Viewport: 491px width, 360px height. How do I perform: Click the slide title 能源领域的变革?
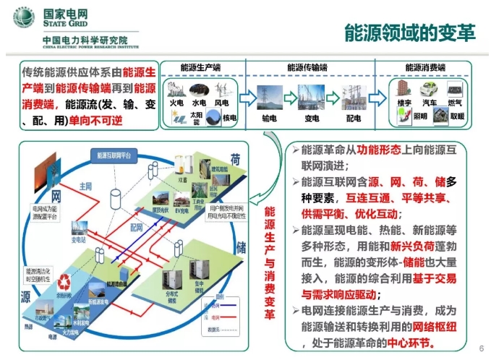(409, 33)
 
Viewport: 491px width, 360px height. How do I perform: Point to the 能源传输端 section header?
(307, 67)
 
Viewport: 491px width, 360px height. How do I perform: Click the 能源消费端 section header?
(427, 67)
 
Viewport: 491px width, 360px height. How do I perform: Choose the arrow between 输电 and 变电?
(290, 98)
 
